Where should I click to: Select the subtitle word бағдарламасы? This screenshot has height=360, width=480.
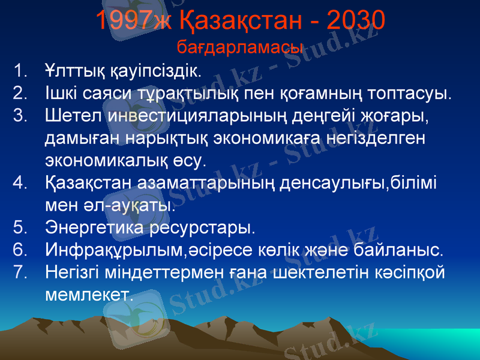[240, 47]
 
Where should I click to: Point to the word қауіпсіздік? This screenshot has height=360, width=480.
[154, 72]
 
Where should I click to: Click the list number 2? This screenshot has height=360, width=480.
[19, 94]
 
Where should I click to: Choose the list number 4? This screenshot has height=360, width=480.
[19, 182]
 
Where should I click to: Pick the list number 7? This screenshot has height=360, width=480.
[19, 272]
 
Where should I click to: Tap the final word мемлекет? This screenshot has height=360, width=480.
[87, 294]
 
